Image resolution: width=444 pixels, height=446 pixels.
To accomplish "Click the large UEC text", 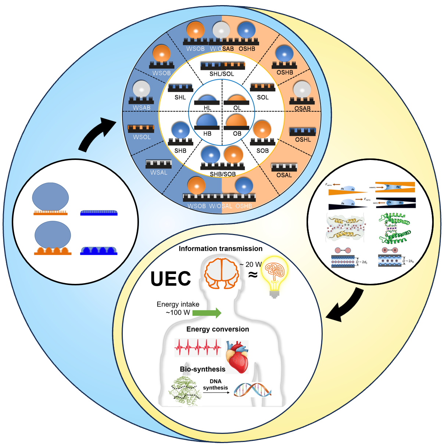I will tap(171, 279).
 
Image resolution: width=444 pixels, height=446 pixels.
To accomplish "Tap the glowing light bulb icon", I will tap(275, 273).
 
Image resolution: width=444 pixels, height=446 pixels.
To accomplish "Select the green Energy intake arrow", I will tap(207, 313).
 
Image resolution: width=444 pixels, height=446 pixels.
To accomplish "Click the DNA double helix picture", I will tap(253, 390).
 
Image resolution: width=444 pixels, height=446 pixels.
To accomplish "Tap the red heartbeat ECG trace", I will tap(198, 347).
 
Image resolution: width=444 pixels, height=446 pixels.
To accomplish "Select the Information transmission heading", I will tap(221, 249).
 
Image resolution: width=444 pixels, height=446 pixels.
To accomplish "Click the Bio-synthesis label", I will tap(203, 369).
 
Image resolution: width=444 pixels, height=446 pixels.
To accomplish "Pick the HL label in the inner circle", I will tap(207, 108).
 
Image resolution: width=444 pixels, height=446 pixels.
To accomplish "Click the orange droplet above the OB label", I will tap(236, 121).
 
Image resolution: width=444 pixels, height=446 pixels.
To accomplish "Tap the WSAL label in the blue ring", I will tap(159, 172).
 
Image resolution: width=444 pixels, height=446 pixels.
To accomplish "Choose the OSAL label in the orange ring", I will tap(284, 175).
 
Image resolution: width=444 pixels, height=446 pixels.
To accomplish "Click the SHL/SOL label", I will tap(222, 74).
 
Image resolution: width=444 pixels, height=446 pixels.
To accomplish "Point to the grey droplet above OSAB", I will tap(302, 89).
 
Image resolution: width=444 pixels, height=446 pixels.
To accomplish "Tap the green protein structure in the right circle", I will tap(395, 228).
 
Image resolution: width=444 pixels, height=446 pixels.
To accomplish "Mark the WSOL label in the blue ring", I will tap(142, 137).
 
